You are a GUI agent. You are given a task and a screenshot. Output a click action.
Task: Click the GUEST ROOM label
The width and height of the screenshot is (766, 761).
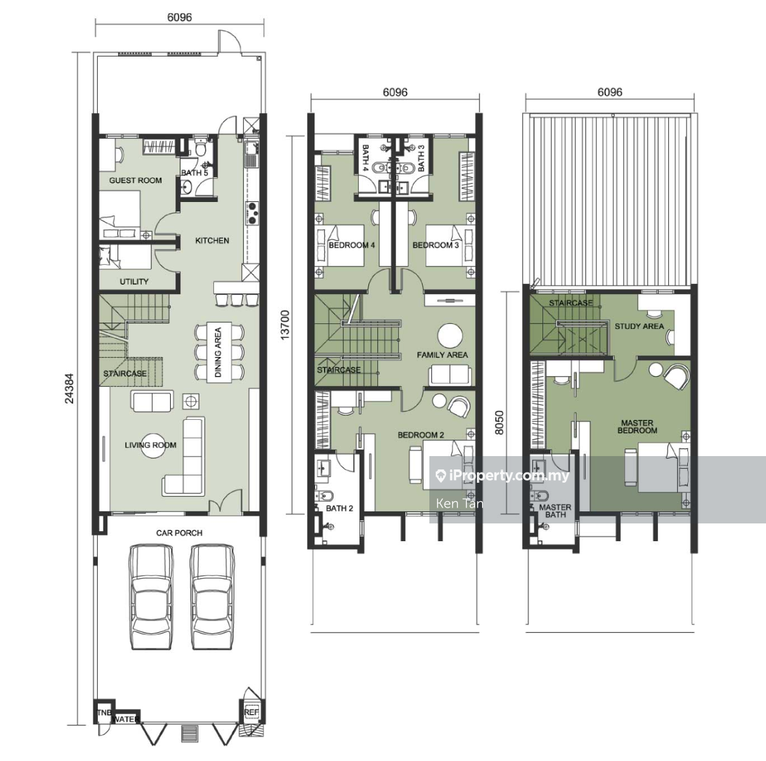tap(135, 180)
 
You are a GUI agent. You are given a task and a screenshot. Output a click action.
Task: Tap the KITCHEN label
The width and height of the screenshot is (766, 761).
tap(212, 241)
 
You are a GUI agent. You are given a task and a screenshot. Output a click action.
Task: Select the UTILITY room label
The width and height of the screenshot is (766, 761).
tap(134, 282)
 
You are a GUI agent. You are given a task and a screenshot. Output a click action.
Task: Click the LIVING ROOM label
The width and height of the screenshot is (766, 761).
tap(151, 445)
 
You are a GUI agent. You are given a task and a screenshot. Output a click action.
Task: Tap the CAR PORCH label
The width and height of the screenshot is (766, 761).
tap(179, 533)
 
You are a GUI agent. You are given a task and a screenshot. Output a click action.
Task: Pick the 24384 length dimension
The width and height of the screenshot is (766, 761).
tap(70, 389)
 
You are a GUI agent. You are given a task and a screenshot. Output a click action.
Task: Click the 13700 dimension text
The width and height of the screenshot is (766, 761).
tap(285, 325)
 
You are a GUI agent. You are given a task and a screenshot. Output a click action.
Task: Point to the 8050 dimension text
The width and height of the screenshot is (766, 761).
tap(499, 422)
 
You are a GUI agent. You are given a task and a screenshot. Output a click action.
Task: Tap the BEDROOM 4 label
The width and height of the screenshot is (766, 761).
tap(351, 245)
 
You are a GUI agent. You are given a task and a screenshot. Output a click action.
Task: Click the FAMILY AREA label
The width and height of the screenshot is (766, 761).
tap(442, 355)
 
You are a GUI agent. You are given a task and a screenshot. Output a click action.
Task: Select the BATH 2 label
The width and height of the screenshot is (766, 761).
tap(339, 509)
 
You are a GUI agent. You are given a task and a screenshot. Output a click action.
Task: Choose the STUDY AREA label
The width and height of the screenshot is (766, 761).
tap(639, 327)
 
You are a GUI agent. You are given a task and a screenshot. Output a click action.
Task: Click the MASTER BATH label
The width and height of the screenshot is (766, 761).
tap(555, 511)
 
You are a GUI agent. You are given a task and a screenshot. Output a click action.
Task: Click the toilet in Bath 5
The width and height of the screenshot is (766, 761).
tap(200, 149)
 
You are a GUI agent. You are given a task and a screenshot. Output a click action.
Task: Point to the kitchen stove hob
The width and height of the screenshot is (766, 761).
tap(252, 213)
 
